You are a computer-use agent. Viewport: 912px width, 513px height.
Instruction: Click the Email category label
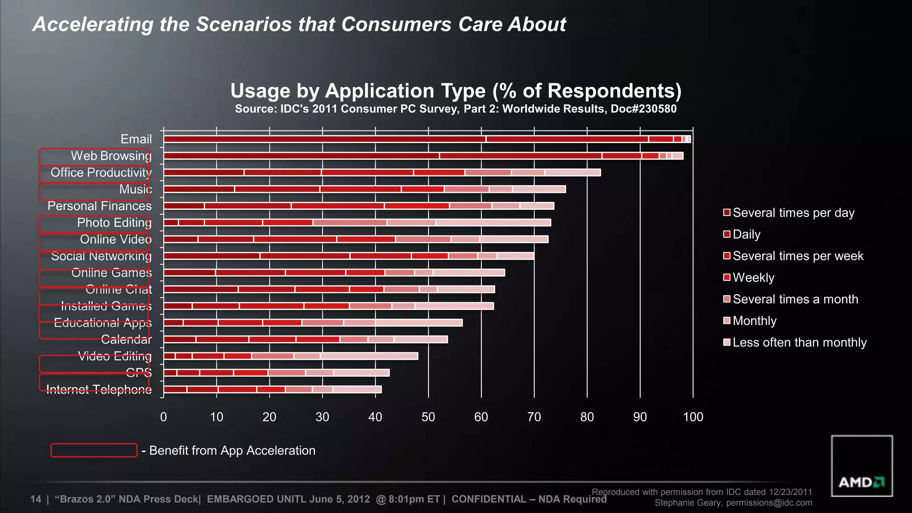[x=136, y=139]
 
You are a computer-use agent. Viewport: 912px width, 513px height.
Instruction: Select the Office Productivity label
[x=101, y=172]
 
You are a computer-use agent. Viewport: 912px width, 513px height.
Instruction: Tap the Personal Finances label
[x=99, y=206]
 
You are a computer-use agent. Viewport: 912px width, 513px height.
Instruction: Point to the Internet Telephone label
[x=98, y=389]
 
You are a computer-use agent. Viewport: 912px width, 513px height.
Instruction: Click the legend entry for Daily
[x=746, y=234]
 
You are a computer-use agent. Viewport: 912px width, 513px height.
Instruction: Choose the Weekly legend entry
[x=753, y=277]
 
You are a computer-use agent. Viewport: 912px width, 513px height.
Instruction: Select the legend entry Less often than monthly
[x=799, y=342]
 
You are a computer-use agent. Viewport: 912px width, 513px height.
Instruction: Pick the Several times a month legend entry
[x=795, y=299]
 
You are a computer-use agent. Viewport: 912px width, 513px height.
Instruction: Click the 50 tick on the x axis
[x=428, y=417]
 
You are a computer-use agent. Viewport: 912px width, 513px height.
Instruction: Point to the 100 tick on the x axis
[x=693, y=417]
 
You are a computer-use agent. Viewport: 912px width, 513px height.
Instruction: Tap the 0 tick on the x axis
[x=163, y=417]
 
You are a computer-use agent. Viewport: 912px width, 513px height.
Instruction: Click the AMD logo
[x=861, y=482]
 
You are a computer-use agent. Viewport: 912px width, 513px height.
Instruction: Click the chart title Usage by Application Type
[x=456, y=91]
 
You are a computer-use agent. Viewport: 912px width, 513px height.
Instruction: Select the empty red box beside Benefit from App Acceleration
[x=94, y=450]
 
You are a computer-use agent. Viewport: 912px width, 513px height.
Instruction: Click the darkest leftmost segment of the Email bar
[x=324, y=139]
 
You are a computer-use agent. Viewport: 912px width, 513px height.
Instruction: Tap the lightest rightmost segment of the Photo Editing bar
[x=493, y=223]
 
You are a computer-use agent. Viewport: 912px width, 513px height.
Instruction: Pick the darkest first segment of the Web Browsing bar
[x=301, y=156]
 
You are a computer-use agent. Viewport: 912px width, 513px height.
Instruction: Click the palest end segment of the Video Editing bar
[x=369, y=356]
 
